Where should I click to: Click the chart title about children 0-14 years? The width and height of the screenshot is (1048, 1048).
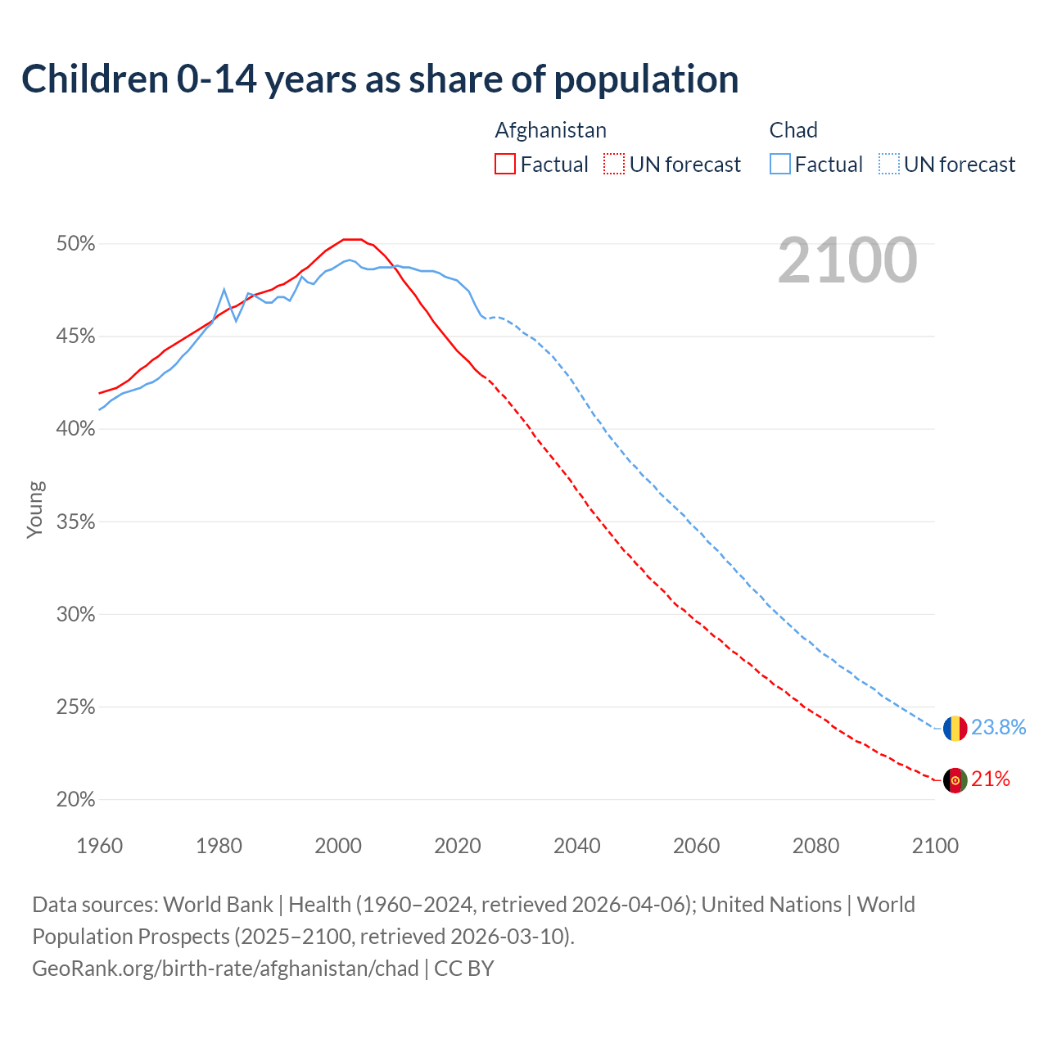point(380,79)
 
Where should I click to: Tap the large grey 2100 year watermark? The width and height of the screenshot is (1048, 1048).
point(847,260)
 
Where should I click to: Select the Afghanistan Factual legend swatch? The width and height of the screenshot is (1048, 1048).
point(505,164)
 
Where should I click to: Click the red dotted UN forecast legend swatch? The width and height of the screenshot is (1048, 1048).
point(614,164)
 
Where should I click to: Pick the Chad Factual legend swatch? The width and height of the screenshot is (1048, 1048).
point(780,164)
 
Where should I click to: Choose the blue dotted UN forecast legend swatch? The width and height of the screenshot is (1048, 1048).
point(889,164)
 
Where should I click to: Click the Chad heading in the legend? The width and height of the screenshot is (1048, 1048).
point(793,130)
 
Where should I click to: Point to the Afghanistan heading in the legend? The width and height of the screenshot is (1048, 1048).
point(550,130)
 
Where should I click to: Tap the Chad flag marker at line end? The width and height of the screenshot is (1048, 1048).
point(955,728)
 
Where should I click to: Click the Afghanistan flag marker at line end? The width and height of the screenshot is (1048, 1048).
point(955,780)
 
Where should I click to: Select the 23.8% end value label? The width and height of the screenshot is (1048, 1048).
point(999,727)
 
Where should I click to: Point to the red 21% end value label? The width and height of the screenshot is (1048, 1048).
point(991,779)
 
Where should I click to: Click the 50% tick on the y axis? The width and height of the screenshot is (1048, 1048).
point(76,244)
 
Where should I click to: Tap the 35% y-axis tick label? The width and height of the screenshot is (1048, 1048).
point(76,522)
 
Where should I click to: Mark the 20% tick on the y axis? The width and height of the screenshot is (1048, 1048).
point(76,800)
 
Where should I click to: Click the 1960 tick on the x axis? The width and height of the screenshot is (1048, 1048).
point(99,846)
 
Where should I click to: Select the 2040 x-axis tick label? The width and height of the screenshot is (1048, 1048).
point(577,846)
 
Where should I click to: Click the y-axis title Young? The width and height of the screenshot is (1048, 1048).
point(35,509)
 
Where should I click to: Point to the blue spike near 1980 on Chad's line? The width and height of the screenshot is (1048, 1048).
point(224,290)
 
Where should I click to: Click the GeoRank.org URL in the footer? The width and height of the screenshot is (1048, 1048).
point(225,969)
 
